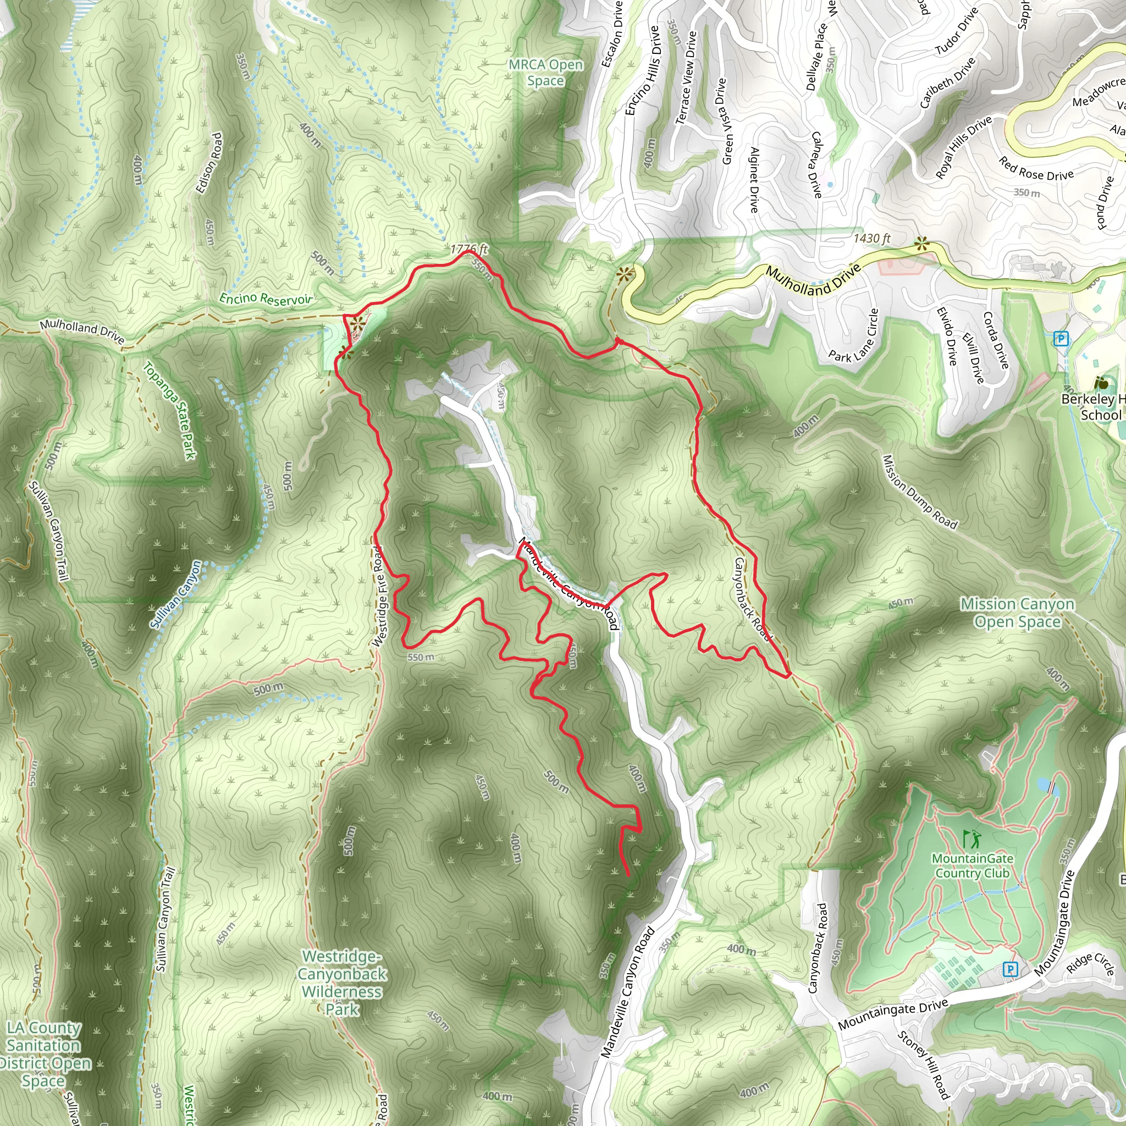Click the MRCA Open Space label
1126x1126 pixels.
tap(545, 73)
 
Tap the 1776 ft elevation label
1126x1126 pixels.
tap(468, 250)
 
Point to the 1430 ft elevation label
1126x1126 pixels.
tap(871, 239)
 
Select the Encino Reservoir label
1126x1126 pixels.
tap(265, 299)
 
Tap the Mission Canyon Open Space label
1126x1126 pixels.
tap(1017, 612)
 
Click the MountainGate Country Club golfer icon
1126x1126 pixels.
tap(972, 839)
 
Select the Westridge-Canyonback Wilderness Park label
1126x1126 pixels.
tap(342, 983)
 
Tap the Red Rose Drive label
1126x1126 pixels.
tap(1036, 169)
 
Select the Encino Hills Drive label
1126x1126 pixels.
tap(642, 70)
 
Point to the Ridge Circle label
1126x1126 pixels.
tap(1090, 964)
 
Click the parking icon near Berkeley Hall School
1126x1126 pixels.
tap(1061, 339)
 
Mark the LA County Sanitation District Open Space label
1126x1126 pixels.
tap(44, 1055)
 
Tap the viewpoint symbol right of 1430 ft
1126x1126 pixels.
tap(921, 244)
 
